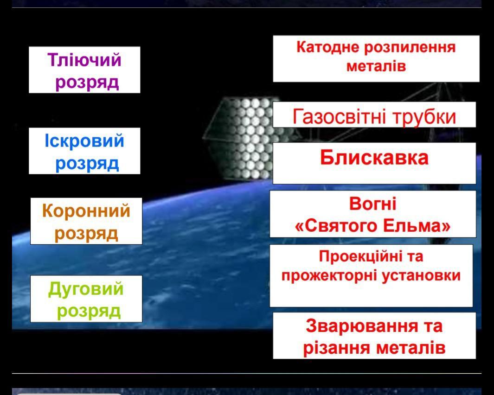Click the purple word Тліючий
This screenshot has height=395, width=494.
click(x=84, y=59)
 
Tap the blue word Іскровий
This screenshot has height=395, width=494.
click(x=84, y=141)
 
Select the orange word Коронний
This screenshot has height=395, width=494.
click(x=86, y=210)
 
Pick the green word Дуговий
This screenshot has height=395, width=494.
click(x=86, y=289)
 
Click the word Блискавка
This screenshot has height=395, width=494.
click(x=374, y=157)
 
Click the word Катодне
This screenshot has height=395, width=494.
click(x=327, y=48)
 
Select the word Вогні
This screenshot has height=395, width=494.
click(x=373, y=204)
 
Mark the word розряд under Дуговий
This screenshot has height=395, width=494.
click(x=89, y=312)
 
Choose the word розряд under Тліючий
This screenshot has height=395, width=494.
click(x=87, y=83)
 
